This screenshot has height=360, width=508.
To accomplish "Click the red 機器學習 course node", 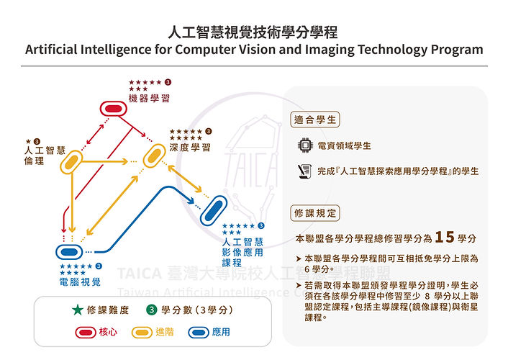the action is coord(113,109).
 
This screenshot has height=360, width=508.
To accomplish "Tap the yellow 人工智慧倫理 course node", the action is coord(71,162).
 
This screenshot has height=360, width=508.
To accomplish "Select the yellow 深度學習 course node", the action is coord(154,156).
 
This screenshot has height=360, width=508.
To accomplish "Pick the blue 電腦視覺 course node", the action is coord(69,252).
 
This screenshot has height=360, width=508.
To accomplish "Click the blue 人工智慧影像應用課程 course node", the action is coord(214,210).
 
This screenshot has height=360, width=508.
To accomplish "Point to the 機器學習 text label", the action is coord(149,98).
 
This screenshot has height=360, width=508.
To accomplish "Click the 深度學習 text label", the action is coord(190,148).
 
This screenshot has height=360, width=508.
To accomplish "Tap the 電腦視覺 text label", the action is coord(80,282).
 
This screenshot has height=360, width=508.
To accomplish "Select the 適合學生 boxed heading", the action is coord(315,120).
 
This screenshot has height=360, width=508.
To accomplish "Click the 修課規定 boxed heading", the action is coord(315,213).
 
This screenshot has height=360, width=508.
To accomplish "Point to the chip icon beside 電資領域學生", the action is coord(305,145).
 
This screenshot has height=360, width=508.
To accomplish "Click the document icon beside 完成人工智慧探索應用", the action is coord(304,171).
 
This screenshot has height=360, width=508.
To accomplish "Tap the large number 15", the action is coord(445,237).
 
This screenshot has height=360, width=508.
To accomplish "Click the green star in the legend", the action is coord(78,310).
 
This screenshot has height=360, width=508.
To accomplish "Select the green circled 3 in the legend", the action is coord(151,310).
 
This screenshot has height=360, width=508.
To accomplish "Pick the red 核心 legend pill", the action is coord(86,333).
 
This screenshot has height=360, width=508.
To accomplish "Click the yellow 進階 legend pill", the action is coord(142,333).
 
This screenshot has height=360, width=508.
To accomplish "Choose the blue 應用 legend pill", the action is coord(199,333).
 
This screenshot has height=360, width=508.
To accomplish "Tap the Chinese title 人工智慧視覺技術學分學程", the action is coord(253,32).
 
